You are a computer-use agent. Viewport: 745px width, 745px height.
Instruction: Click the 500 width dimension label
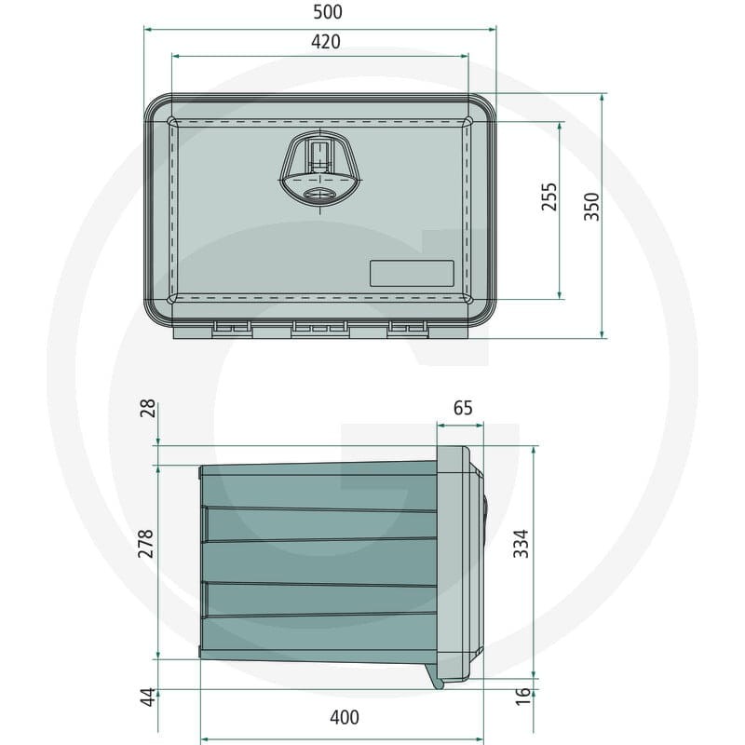(328, 12)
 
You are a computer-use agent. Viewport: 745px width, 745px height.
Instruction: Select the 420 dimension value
(326, 42)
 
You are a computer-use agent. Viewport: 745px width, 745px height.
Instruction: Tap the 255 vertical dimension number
(549, 196)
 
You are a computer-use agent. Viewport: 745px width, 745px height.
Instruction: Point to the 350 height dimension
(592, 207)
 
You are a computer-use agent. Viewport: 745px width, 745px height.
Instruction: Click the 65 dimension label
(463, 408)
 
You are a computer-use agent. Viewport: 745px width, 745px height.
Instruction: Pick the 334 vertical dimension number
(521, 544)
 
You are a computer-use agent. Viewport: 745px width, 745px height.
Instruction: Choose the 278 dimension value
(145, 544)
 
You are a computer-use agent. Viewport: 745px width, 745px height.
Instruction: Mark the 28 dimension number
(148, 408)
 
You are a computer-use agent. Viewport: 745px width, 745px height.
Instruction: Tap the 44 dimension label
(149, 697)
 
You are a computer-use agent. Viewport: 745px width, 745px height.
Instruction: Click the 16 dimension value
(522, 696)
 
